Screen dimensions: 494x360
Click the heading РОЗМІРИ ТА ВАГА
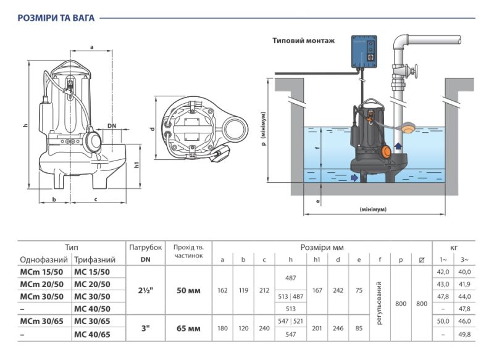click(56, 18)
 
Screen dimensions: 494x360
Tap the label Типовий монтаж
click(303, 41)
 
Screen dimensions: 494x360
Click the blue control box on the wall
click(364, 51)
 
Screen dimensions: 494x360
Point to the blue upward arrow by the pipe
click(398, 146)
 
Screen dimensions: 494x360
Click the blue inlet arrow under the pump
click(354, 178)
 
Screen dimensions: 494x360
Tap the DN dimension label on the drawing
click(112, 126)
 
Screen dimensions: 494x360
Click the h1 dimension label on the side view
click(136, 165)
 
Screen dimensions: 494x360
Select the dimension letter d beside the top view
click(153, 129)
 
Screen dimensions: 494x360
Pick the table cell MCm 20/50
click(41, 284)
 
